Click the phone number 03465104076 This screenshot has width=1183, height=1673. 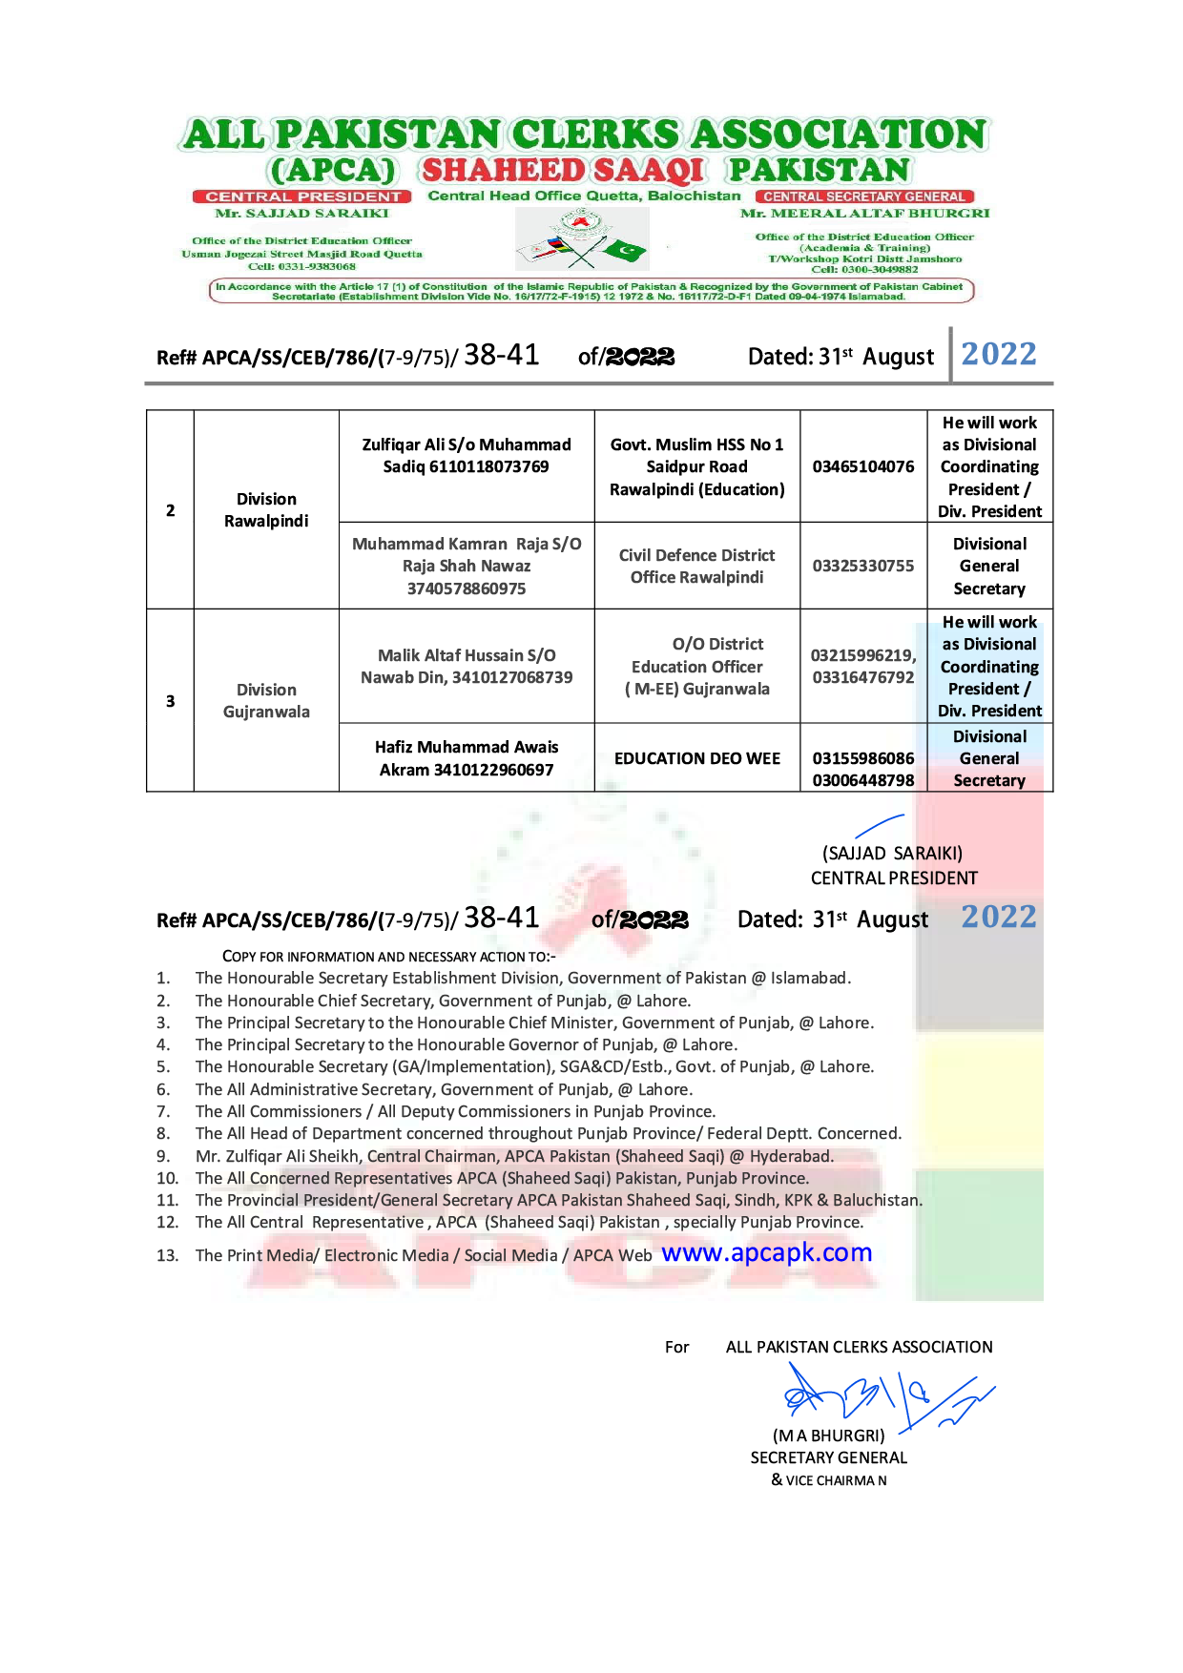862,466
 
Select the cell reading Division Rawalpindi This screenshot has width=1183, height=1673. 266,510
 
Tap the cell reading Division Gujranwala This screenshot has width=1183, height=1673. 266,701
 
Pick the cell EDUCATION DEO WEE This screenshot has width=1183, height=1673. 696,758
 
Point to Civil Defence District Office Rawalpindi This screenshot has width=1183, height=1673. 696,566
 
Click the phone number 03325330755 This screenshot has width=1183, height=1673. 862,566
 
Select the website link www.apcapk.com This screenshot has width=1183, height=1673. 766,1252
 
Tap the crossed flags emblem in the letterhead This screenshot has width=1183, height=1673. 581,239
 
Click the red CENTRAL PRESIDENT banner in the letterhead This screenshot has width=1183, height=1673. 302,196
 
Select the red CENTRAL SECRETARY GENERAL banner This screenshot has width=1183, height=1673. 863,196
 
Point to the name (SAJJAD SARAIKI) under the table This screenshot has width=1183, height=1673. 892,854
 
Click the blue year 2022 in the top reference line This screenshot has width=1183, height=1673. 998,354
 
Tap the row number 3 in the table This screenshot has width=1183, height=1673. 170,701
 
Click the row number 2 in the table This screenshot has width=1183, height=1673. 170,510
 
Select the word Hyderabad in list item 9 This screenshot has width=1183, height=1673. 791,1156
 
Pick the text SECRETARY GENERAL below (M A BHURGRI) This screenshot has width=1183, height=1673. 828,1457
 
